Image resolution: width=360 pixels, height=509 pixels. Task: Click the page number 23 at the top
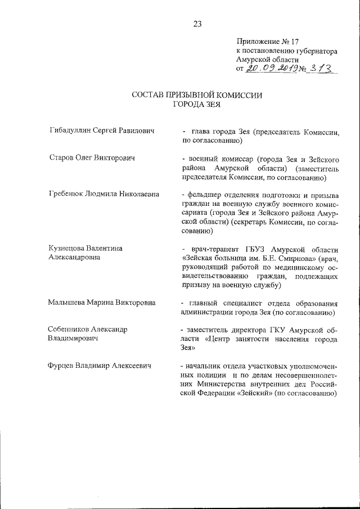pos(197,24)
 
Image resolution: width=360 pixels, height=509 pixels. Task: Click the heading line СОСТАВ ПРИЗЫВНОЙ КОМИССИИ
pos(197,95)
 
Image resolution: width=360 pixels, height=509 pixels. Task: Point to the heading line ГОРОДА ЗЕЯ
pos(197,104)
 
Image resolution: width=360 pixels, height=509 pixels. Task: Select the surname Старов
pos(61,158)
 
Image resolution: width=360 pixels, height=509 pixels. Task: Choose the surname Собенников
pos(73,329)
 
